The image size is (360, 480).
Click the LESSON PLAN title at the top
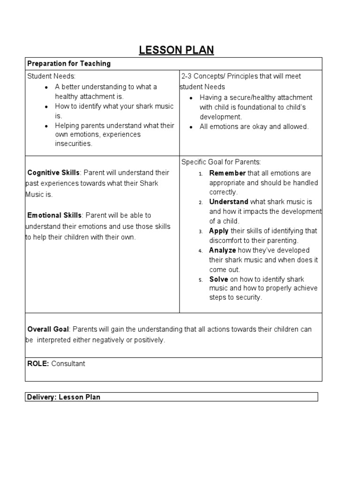176,50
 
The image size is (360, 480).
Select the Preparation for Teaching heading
69,64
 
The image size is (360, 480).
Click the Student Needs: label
51,76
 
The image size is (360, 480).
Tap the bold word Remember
227,173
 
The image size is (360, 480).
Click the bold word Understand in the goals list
229,202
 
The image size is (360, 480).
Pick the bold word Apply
219,231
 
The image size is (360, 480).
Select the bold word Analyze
223,250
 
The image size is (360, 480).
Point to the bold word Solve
218,279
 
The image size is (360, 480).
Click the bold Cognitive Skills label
53,173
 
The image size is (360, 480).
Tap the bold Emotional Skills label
54,216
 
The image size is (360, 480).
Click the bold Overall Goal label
48,330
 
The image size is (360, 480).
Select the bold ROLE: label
38,364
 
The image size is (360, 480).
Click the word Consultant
68,364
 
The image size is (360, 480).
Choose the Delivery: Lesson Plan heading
63,397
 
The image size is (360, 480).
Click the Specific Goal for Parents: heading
221,162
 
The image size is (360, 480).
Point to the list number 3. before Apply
200,232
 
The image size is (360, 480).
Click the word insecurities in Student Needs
74,144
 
